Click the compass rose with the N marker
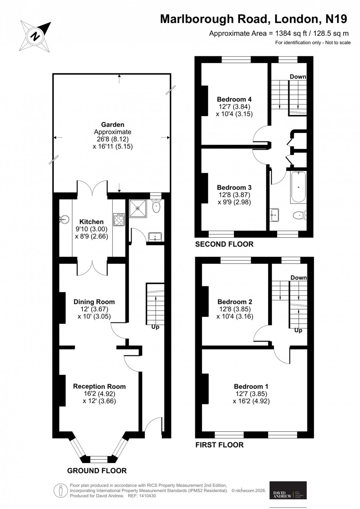click(35, 36)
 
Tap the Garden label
click(113, 125)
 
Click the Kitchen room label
click(91, 222)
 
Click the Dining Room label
click(94, 302)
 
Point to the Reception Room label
click(99, 386)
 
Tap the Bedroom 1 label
click(251, 386)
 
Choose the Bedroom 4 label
click(234, 99)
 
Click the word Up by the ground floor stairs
click(155, 327)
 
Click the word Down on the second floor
click(298, 76)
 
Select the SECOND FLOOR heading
click(224, 244)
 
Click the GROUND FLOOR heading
click(97, 471)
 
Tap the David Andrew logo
click(288, 490)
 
